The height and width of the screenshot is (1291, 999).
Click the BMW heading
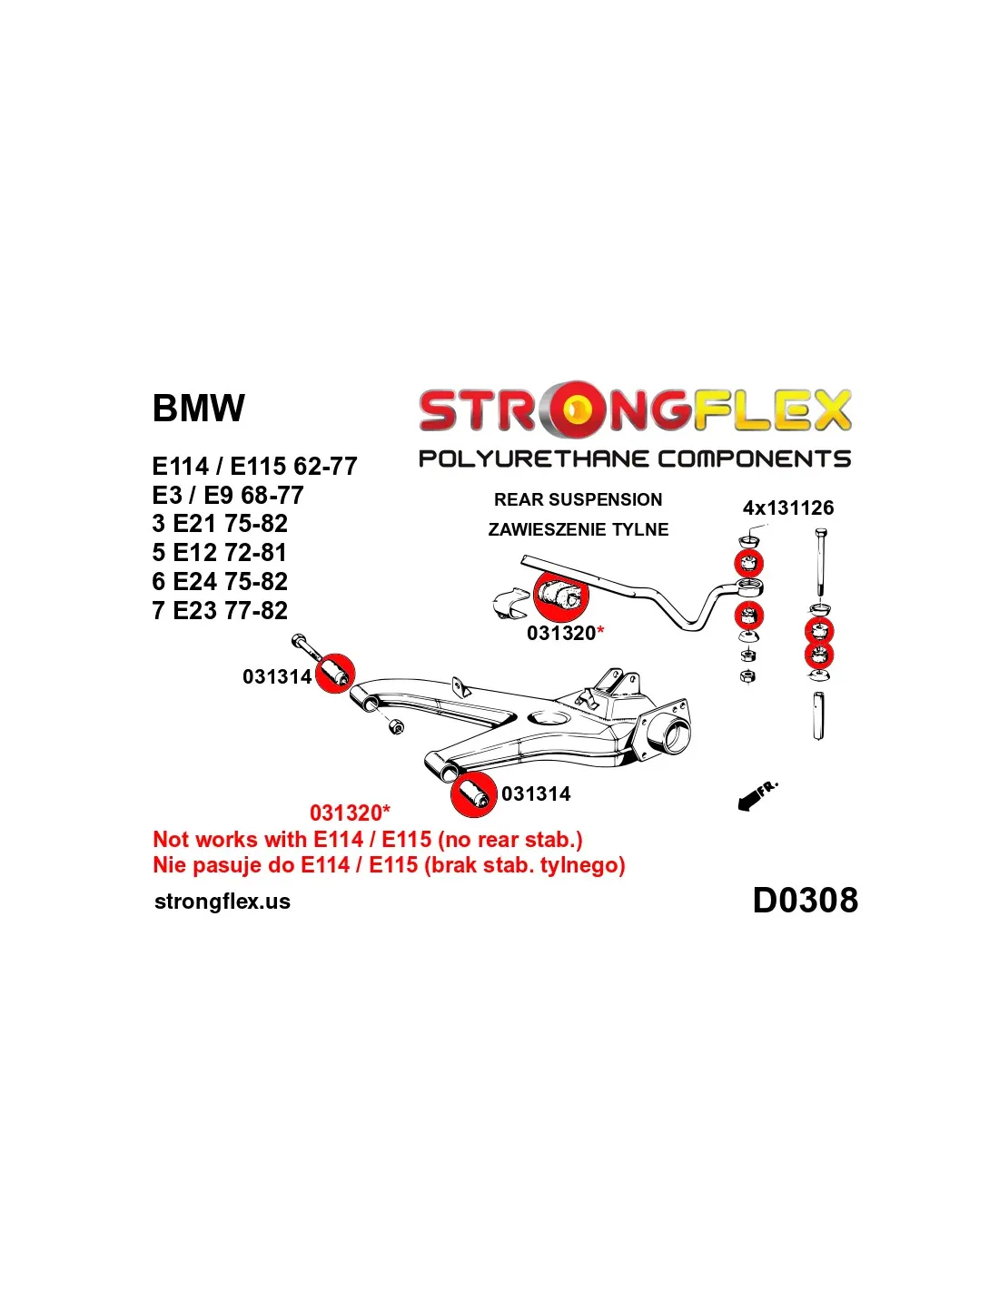point(198,409)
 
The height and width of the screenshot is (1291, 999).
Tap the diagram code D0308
point(805,901)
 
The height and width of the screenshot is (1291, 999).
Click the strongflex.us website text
point(223,902)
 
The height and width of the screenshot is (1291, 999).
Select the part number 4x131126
point(787,508)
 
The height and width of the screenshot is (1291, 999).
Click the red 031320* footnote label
point(350,813)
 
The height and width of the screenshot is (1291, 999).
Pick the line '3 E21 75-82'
point(220,524)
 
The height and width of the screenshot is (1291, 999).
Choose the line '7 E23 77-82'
point(220,611)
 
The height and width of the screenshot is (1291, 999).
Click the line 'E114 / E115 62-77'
point(254,467)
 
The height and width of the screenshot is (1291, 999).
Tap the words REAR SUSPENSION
point(578,499)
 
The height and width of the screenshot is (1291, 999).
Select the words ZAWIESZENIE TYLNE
point(578,529)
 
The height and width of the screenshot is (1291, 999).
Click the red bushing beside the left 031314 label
point(335,674)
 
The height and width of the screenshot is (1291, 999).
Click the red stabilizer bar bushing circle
point(561,596)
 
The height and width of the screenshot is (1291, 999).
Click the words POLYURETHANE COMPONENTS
point(634,459)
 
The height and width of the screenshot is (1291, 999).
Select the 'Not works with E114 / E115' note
point(368,840)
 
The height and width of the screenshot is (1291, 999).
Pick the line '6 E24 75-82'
point(220,582)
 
